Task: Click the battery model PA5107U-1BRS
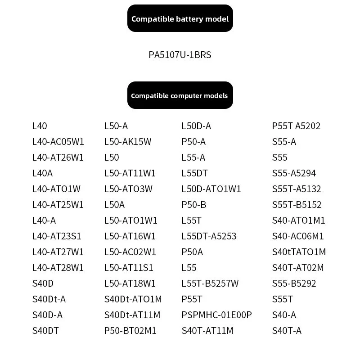click(180, 55)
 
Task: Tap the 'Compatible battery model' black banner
click(180, 18)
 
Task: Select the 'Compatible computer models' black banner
click(180, 95)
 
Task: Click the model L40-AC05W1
click(58, 142)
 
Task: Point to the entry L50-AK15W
click(128, 142)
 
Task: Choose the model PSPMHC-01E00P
click(216, 315)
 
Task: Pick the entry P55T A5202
click(296, 126)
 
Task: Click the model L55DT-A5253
click(209, 236)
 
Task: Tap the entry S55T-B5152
click(297, 205)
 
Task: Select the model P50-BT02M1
click(130, 331)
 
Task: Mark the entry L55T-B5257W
click(210, 283)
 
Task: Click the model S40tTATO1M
click(299, 252)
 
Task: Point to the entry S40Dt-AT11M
click(132, 315)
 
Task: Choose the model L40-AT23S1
click(57, 236)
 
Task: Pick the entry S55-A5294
click(294, 173)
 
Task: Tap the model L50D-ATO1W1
click(211, 189)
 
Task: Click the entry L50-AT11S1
click(129, 268)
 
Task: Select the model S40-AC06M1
click(298, 236)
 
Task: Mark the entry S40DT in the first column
click(45, 331)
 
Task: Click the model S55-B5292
click(294, 283)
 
